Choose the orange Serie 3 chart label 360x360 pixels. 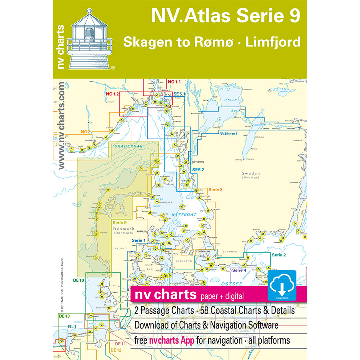click(216, 189)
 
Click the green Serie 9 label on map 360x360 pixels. click(120, 222)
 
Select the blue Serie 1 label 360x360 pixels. click(139, 240)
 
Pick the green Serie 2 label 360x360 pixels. click(279, 255)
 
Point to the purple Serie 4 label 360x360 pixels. click(239, 271)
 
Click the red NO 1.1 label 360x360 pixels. click(174, 82)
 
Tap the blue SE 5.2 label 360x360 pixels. click(198, 170)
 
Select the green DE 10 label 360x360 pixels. click(78, 280)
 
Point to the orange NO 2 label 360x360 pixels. click(85, 132)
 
